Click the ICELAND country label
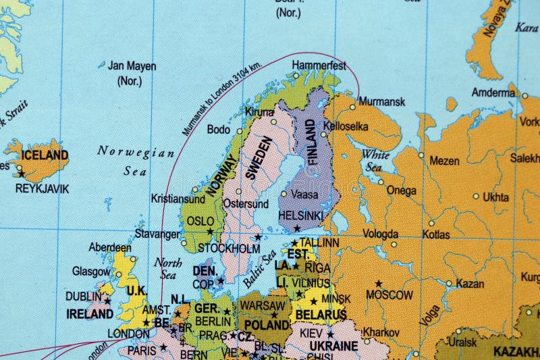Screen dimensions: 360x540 pos(44,154)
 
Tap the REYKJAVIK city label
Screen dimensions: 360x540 pos(42,188)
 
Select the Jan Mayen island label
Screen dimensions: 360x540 pos(132,66)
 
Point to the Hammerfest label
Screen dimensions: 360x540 pos(319,66)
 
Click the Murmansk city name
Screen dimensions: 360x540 pos(382,102)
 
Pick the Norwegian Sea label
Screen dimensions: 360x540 pos(136,161)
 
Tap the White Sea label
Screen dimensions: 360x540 pos(375,160)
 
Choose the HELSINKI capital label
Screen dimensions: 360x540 pos(300,215)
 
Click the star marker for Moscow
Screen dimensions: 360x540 pos(378,284)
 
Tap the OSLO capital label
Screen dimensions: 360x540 pos(200,221)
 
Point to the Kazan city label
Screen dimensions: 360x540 pos(470,284)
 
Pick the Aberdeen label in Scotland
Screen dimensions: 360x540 pos(110,247)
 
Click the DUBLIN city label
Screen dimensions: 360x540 pos(83,296)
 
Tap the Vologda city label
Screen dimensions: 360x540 pos(380,234)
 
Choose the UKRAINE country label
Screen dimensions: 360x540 pos(333,346)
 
